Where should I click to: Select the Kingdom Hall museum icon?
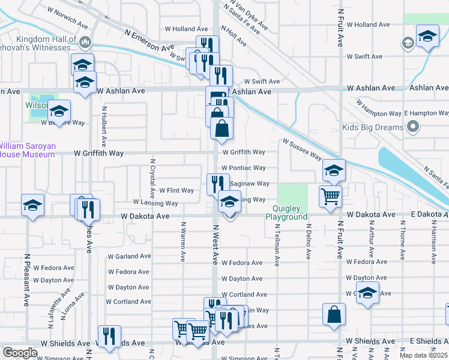(85, 41)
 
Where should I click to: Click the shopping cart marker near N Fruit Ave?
(331, 196)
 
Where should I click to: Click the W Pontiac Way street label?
(243, 168)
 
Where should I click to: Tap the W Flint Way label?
(176, 191)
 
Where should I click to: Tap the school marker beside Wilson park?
(59, 111)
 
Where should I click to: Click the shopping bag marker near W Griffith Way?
(221, 128)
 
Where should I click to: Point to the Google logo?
(20, 353)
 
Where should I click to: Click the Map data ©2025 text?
(423, 355)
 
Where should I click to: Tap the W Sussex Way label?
(303, 148)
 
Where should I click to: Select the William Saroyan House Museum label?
(27, 149)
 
